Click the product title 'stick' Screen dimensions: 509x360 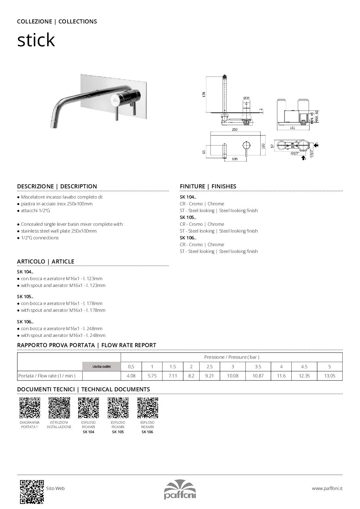36,40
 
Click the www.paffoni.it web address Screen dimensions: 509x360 327,488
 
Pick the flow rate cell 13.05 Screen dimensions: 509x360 330,376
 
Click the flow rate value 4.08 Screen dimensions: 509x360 131,376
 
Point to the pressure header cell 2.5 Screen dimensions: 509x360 209,367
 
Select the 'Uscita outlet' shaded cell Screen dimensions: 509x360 101,367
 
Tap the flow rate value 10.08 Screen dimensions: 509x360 233,376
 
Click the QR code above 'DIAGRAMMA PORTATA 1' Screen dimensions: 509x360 30,407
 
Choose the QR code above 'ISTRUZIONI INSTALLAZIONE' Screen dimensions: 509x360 59,407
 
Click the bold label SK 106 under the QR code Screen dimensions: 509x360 147,432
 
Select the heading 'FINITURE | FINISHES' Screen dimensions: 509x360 208,186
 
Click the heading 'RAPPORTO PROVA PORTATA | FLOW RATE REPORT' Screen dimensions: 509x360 87,345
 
